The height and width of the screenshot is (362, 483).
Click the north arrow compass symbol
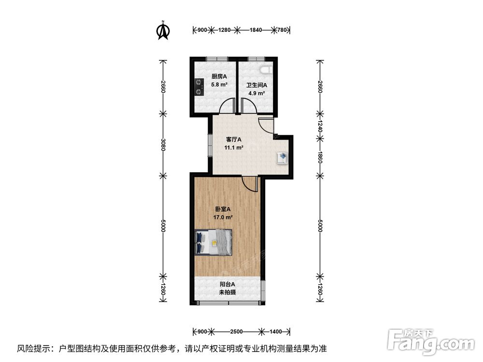click(163, 30)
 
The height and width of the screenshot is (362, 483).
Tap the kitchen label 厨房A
click(219, 77)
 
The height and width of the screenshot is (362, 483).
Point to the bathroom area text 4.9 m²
click(256, 93)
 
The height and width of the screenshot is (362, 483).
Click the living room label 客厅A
click(234, 139)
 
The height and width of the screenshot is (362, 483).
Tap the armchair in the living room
click(283, 158)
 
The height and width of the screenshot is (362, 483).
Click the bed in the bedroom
click(213, 242)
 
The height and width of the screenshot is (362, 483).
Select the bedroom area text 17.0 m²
click(223, 217)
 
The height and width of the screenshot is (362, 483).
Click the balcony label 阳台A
click(227, 284)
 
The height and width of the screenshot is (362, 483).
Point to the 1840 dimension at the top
click(256, 30)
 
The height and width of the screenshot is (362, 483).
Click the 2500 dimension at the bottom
click(236, 332)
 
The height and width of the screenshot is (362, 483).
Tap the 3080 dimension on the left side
click(163, 145)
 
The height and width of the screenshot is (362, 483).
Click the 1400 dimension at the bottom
click(276, 332)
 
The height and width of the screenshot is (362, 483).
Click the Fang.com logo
click(431, 341)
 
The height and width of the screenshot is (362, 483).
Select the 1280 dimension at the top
click(224, 30)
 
